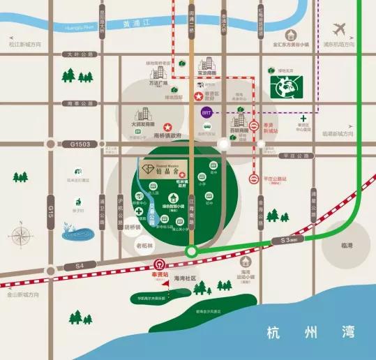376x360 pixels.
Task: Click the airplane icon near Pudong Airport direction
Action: pyautogui.click(x=340, y=30)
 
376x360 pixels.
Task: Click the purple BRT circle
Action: pyautogui.click(x=206, y=112)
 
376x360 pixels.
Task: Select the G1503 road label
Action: pyautogui.click(x=81, y=144)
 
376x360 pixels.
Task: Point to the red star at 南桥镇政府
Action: pyautogui.click(x=167, y=126)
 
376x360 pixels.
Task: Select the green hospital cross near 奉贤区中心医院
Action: pyautogui.click(x=303, y=119)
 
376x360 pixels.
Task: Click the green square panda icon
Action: pyautogui.click(x=285, y=87)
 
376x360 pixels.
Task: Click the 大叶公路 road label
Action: pyautogui.click(x=77, y=54)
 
